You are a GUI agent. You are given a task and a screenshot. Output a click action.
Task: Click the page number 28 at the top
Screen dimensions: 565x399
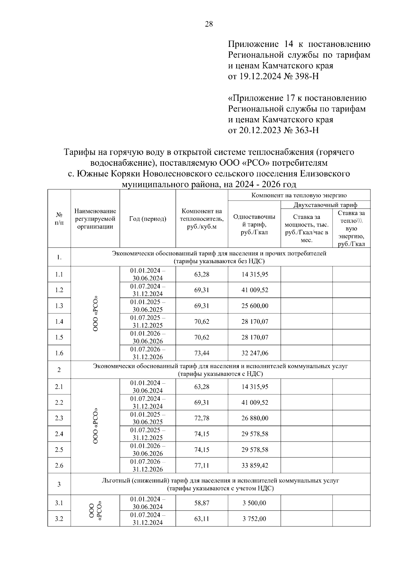coord(209,24)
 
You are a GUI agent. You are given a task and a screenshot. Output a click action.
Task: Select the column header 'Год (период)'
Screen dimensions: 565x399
coord(147,219)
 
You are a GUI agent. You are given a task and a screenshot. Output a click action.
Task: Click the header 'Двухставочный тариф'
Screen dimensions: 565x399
coord(325,205)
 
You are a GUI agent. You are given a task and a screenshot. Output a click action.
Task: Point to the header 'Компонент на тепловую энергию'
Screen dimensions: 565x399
coord(299,195)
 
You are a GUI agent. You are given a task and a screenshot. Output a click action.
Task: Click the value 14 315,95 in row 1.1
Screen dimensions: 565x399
coord(255,275)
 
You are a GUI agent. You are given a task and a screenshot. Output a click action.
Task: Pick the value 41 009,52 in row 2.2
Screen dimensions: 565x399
coord(255,403)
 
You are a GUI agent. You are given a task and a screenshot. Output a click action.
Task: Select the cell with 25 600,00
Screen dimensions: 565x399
coord(255,306)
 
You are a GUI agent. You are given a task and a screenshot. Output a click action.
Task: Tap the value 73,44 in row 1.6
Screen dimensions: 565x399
coord(201,353)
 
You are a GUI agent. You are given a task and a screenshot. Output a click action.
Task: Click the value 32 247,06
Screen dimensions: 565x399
coord(255,353)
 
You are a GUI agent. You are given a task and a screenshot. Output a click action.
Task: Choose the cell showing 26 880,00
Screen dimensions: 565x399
coord(255,418)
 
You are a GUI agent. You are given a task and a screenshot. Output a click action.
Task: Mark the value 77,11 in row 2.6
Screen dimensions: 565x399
coord(201,466)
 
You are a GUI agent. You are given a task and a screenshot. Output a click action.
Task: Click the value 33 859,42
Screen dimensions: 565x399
coord(255,466)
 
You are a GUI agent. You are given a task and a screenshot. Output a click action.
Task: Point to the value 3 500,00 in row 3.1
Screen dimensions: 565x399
coord(255,503)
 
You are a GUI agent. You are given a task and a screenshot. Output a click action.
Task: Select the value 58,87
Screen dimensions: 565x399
coord(201,503)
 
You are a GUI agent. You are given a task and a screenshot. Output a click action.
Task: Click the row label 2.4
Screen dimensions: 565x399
coord(59,434)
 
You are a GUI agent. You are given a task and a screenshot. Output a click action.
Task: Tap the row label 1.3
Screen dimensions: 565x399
coord(59,306)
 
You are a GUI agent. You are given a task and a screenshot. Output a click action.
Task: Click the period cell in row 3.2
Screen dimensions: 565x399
coord(147,519)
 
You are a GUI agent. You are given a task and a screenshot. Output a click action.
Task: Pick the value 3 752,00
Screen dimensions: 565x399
coord(255,519)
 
